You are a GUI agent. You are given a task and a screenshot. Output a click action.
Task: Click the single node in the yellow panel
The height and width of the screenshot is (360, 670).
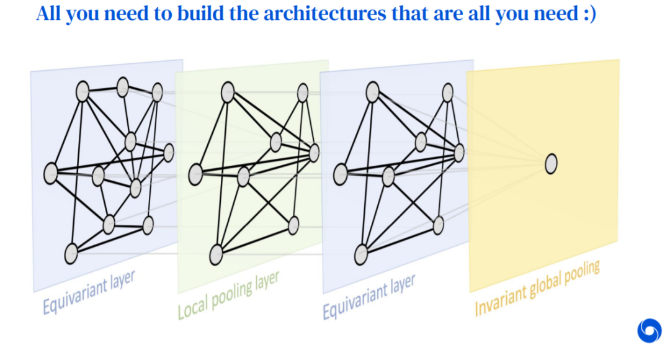point(551,164)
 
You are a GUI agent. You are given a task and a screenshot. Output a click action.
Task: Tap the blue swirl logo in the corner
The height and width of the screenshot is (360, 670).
point(649,330)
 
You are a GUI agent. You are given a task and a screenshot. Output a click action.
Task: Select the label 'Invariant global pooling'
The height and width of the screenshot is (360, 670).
point(537,289)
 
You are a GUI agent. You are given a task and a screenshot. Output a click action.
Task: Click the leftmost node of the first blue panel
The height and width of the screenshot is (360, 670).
point(51,173)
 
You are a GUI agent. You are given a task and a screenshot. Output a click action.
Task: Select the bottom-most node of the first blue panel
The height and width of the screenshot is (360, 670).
point(71,254)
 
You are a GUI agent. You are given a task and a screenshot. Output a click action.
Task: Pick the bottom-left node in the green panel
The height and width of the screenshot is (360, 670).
point(216,254)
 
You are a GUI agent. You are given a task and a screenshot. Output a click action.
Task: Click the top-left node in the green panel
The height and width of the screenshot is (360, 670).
point(227,93)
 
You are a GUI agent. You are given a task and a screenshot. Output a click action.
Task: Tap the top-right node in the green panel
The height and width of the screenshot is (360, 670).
point(303,93)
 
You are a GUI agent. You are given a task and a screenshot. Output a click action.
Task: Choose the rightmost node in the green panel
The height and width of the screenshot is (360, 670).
point(314,152)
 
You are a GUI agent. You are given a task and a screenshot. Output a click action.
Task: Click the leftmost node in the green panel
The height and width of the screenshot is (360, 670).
point(195,174)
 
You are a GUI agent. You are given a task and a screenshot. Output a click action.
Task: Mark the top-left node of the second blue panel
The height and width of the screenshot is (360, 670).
point(372,93)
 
